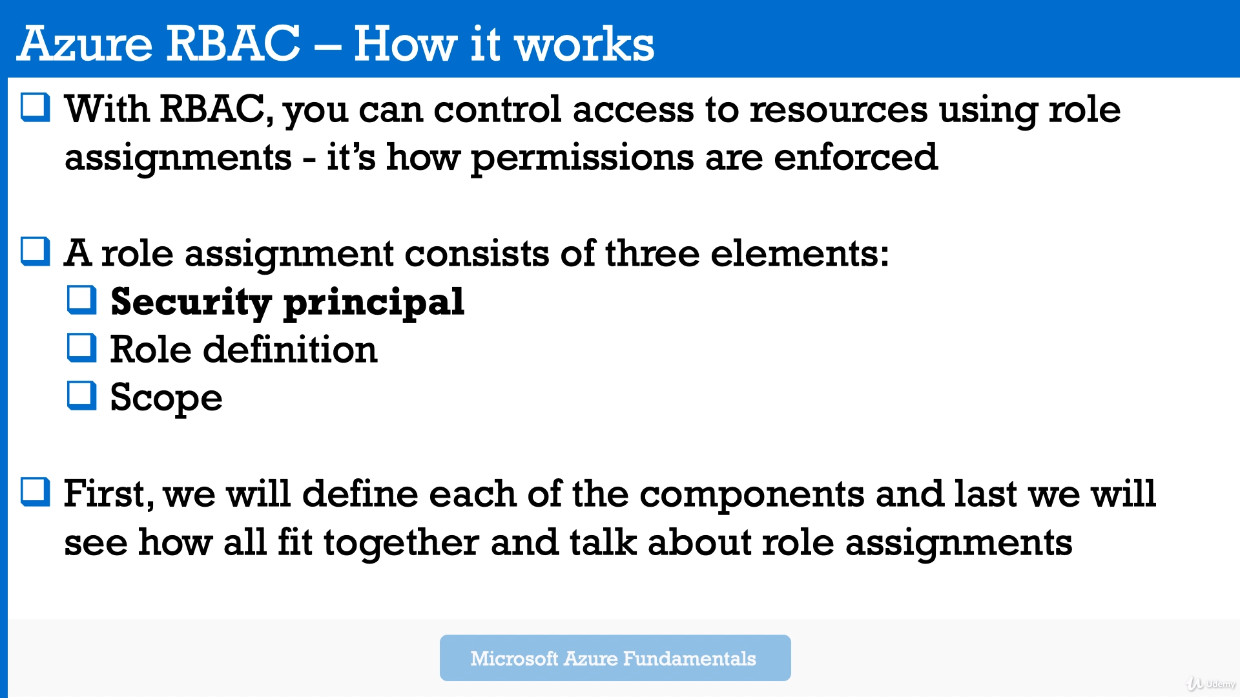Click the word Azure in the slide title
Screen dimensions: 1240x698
(85, 44)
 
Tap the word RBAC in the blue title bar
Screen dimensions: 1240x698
(233, 44)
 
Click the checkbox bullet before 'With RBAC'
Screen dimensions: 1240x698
(36, 107)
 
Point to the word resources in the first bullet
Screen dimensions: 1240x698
(838, 109)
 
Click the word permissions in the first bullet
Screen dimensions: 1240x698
(582, 158)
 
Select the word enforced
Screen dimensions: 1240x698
(856, 157)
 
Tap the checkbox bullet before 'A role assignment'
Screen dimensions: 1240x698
(36, 251)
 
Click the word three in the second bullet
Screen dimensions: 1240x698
(652, 253)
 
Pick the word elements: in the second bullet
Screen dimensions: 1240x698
(800, 253)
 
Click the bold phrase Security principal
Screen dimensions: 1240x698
(287, 302)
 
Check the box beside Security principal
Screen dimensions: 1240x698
(82, 300)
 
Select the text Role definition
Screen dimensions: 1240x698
(243, 350)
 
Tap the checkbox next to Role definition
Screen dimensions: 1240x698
(82, 348)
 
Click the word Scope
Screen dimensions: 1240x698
(166, 398)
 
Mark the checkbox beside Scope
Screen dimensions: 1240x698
(82, 396)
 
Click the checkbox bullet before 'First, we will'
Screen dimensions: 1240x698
(36, 492)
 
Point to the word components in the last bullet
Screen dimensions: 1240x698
(752, 495)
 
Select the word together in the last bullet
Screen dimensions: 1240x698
(401, 543)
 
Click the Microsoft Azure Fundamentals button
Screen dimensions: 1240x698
(615, 658)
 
